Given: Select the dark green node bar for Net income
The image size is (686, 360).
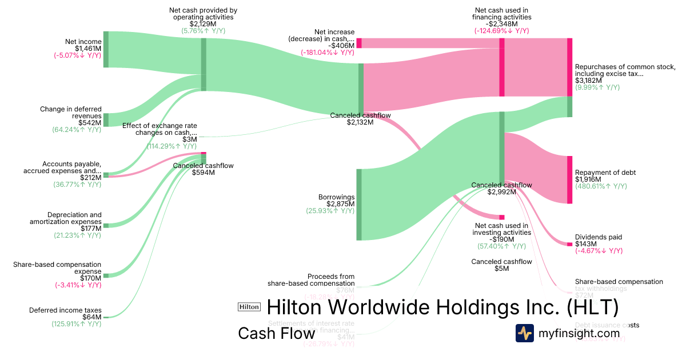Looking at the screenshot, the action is pos(106,50).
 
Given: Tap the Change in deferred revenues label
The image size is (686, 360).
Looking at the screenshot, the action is pos(70,112).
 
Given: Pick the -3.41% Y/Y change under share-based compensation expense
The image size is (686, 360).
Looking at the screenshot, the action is pos(78,285).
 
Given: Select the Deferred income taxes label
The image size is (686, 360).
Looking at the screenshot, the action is pos(65,310).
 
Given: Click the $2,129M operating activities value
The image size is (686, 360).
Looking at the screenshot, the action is pos(203,24).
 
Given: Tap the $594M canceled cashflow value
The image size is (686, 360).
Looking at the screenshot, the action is pos(203,173).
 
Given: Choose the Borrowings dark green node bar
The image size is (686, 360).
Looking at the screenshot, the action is pos(360,205).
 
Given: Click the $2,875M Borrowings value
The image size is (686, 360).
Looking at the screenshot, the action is pos(340,204).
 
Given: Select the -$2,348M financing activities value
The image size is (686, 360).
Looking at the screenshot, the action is pos(502,24).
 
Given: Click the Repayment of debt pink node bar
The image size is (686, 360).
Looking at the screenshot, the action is pos(569,179).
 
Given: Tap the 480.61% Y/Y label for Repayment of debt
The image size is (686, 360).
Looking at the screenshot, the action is pos(601,186).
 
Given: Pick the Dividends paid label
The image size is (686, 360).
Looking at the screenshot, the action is pos(598,237).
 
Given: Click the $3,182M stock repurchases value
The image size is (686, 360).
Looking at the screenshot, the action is pos(588,81).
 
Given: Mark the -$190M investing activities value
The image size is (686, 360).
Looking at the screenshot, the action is pos(501,239).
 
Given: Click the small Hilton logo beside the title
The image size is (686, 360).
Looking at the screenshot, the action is pos(249,307).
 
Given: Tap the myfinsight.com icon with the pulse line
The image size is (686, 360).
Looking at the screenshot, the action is pos(525,333).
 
